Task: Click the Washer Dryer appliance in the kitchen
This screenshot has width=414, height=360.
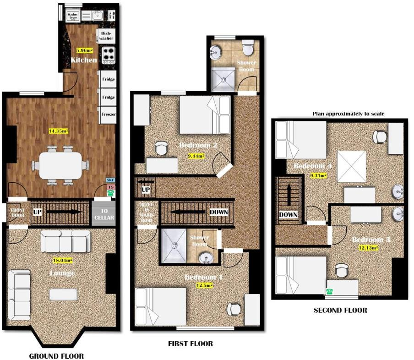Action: point(72,16)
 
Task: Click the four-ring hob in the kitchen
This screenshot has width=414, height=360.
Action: point(108,55)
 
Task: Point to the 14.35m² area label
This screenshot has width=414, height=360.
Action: point(58,131)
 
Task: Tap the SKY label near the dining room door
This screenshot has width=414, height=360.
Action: point(110,180)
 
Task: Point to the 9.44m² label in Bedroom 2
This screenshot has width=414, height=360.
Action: point(196,156)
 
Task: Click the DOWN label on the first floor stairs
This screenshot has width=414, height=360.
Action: point(218,212)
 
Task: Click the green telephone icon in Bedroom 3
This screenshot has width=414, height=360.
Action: point(328,290)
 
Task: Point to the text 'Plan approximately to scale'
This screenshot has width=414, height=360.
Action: point(348,113)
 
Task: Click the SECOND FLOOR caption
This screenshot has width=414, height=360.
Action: point(340,310)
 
